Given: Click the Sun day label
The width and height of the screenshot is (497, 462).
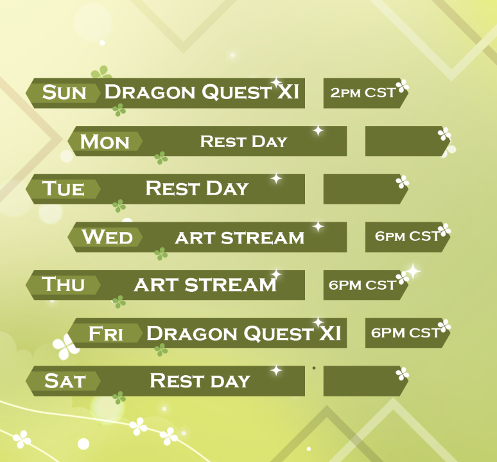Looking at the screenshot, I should pyautogui.click(x=64, y=93).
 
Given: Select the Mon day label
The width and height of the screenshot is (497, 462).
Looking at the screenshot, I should pyautogui.click(x=105, y=141).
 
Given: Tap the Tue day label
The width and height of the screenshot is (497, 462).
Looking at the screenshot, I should pyautogui.click(x=64, y=189).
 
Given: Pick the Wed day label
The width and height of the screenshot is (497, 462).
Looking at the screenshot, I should pyautogui.click(x=107, y=237).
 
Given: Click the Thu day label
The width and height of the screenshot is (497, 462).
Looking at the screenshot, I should pyautogui.click(x=64, y=285).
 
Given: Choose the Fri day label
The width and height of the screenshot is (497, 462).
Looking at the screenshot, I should pyautogui.click(x=106, y=333).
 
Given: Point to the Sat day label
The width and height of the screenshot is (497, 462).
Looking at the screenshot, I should pyautogui.click(x=65, y=381).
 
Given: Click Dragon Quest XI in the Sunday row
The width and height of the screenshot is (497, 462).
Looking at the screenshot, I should pyautogui.click(x=202, y=93).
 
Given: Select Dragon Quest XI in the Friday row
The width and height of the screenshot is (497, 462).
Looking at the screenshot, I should pyautogui.click(x=243, y=333).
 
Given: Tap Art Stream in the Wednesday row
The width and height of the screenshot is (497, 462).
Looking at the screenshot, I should pyautogui.click(x=240, y=238).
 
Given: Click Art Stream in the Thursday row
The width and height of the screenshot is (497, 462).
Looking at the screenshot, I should pyautogui.click(x=205, y=285).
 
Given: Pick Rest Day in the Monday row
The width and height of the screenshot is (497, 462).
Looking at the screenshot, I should pyautogui.click(x=243, y=141).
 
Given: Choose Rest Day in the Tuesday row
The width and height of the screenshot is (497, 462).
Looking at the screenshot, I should pyautogui.click(x=196, y=189).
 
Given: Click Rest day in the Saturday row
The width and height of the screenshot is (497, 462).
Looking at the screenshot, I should pyautogui.click(x=199, y=381).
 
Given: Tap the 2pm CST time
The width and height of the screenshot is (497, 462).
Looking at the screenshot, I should pyautogui.click(x=362, y=93).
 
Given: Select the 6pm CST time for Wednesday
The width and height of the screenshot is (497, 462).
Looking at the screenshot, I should pyautogui.click(x=406, y=237).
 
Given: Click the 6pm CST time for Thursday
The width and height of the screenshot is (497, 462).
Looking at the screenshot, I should pyautogui.click(x=362, y=285).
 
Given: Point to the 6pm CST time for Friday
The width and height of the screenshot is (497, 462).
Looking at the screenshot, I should pyautogui.click(x=405, y=333).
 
